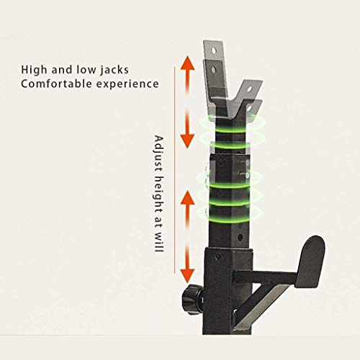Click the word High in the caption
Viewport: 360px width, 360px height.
pyautogui.click(x=35, y=70)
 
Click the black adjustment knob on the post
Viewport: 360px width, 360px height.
pyautogui.click(x=192, y=299)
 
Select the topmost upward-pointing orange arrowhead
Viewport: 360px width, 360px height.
pyautogui.click(x=187, y=63)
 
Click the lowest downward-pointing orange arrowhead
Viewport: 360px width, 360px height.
pyautogui.click(x=187, y=276)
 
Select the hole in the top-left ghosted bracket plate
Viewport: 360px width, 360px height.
pyautogui.click(x=213, y=50)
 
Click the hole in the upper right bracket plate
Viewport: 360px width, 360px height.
pyautogui.click(x=250, y=89)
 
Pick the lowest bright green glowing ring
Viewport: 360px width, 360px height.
pyautogui.click(x=230, y=220)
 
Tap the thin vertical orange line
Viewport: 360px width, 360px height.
pyautogui.click(x=174, y=170)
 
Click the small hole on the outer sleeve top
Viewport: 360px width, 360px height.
pyautogui.click(x=217, y=257)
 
